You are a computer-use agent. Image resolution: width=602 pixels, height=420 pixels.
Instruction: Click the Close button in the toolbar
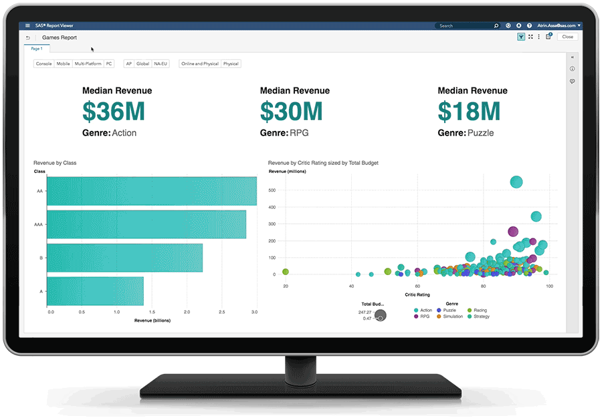(567, 37)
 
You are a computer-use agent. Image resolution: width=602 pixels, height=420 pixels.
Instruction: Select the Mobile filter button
(63, 64)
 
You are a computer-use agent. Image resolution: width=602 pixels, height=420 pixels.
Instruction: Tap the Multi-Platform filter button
(88, 64)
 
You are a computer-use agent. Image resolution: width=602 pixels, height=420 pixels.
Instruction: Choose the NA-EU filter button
(161, 64)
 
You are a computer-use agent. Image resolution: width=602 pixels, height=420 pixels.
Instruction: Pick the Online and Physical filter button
(199, 64)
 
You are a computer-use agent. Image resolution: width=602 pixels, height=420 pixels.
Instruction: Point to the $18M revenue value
(469, 111)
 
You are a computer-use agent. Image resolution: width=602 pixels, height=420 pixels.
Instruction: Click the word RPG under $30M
(299, 133)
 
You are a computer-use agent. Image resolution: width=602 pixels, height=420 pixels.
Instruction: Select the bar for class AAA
(146, 224)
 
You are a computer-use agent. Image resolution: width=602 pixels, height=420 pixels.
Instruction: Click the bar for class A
(95, 291)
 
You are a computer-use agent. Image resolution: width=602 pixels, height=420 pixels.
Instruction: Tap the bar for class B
(124, 258)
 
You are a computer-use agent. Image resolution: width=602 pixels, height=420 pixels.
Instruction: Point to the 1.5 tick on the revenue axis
(152, 312)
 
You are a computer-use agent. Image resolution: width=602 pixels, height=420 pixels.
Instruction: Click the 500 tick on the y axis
(272, 190)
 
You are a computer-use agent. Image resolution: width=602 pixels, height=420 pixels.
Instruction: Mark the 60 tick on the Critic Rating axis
(417, 286)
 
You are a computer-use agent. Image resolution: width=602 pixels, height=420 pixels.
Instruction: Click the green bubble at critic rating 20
(286, 272)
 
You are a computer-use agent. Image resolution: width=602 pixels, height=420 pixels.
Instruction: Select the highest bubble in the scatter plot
(516, 182)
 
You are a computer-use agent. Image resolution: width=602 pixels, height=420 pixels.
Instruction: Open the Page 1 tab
(36, 49)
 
